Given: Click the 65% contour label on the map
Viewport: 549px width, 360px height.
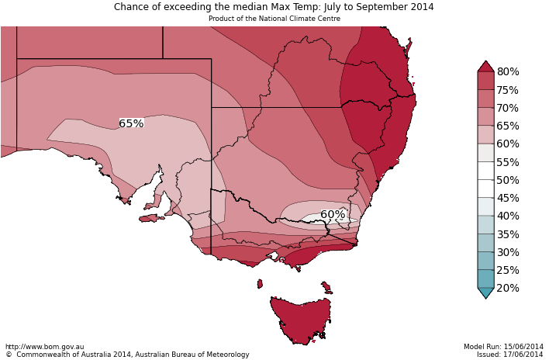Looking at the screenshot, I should (131, 123).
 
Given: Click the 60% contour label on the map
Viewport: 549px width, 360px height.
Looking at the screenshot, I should (333, 214).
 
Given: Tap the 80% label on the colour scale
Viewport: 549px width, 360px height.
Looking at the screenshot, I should (508, 72).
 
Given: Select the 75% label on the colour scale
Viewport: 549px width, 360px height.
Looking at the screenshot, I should (508, 90).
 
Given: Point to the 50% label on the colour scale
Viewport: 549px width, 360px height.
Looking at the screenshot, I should (508, 180).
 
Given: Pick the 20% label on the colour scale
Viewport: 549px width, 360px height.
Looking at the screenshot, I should (508, 288).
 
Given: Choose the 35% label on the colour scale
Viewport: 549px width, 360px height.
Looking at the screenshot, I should (508, 234).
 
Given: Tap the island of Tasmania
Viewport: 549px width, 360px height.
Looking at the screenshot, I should (302, 318).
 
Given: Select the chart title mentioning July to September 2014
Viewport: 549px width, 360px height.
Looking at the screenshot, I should (274, 7).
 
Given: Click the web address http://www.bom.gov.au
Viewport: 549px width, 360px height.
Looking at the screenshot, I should (45, 347).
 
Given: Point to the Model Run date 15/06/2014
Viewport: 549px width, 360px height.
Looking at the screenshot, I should (503, 347).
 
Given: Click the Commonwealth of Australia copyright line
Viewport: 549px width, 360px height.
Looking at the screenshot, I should (127, 355).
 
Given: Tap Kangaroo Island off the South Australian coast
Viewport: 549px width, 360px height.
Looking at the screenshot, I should (150, 218).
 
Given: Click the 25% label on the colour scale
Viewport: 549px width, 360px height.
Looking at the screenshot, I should (508, 270).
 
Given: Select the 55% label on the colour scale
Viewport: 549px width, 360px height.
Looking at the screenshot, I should (508, 162).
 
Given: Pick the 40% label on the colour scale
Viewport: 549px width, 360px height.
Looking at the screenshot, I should (508, 216).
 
